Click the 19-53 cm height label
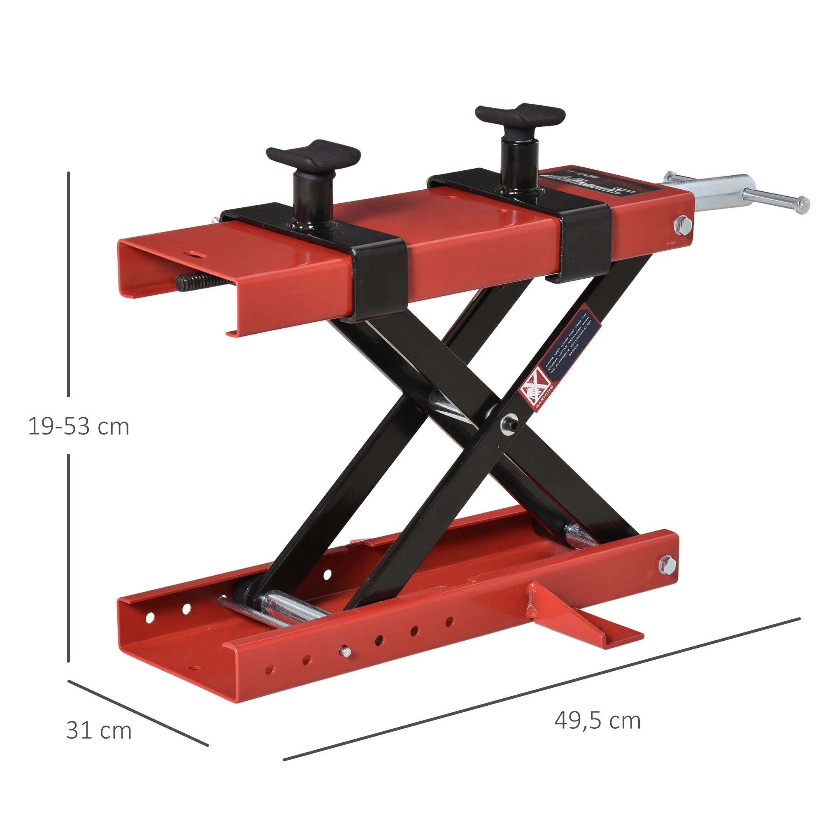coord(78,426)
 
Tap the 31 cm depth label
coord(99,730)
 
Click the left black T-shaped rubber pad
coord(313,155)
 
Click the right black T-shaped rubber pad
coord(520,114)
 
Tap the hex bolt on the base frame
coord(667,565)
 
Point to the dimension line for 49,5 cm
coord(541,689)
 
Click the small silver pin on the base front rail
coord(344,651)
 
